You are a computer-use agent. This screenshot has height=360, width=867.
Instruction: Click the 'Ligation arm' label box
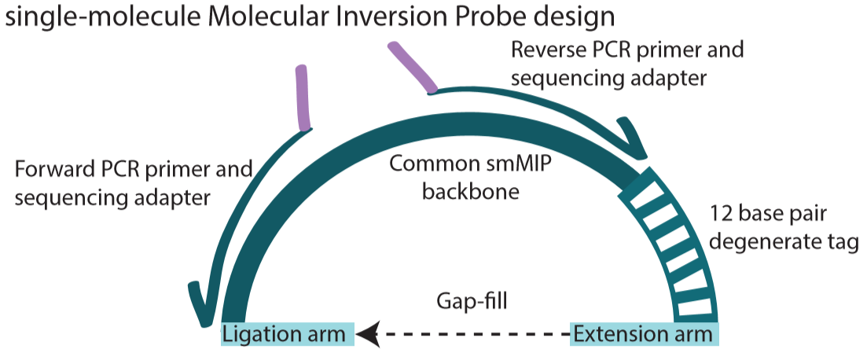click(x=284, y=334)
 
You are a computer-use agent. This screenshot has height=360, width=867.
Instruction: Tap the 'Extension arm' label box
click(x=642, y=334)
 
